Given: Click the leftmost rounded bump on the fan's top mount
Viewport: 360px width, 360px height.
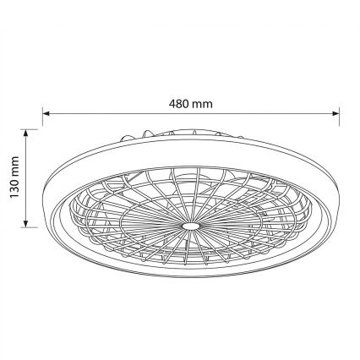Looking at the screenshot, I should [x=127, y=135].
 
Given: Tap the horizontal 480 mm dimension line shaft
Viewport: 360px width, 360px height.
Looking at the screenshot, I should [x=254, y=113].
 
